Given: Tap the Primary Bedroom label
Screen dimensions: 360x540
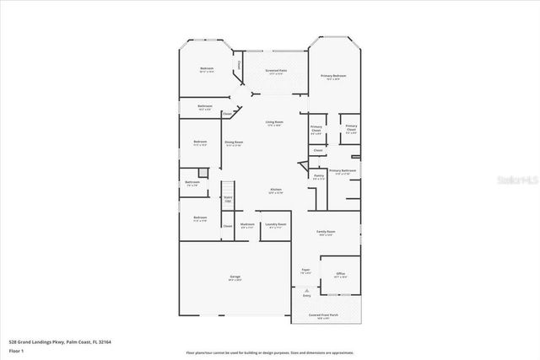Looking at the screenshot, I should (334, 77).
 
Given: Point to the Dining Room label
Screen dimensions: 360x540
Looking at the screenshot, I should (234, 143).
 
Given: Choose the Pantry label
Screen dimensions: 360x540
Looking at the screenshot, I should (318, 177).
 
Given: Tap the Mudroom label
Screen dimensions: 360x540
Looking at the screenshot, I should (247, 225).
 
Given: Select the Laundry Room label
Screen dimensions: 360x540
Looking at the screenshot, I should (275, 225).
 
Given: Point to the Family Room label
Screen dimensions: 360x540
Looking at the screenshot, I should (326, 233).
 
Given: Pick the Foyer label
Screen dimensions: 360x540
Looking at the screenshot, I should (305, 271).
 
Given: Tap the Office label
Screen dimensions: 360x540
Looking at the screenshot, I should (340, 275).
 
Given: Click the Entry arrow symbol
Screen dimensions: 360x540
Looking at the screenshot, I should (306, 290).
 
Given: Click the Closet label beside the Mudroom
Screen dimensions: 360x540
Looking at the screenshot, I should (228, 226).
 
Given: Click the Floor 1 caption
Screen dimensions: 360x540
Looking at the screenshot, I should (17, 350).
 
